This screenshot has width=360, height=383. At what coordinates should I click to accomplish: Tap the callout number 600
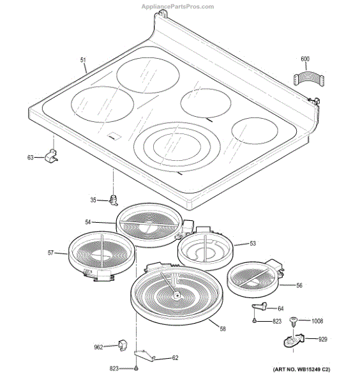(305, 59)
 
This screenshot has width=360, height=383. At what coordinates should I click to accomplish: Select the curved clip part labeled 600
(307, 79)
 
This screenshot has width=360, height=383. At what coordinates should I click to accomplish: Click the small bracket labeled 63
(52, 156)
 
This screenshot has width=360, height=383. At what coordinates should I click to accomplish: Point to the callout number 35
(93, 200)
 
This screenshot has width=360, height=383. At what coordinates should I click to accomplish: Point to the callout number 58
(223, 329)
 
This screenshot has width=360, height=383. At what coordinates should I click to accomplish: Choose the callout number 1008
(317, 321)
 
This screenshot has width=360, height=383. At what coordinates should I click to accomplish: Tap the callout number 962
(98, 348)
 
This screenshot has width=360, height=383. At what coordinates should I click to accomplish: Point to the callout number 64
(280, 308)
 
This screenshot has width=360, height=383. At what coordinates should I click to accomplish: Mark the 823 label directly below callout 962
(113, 369)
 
